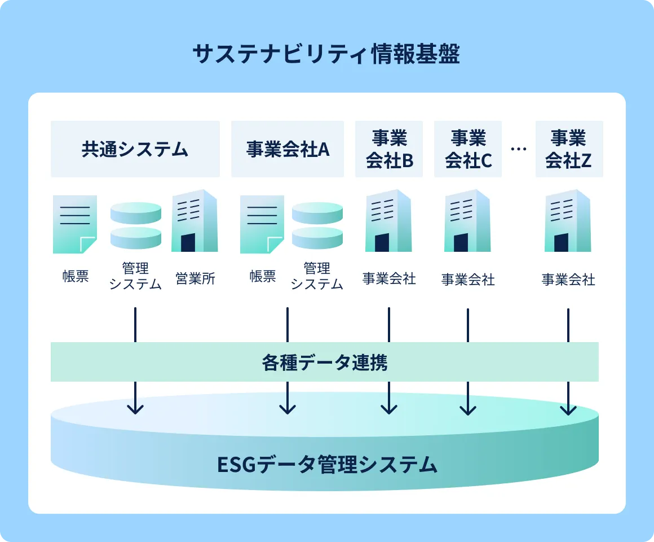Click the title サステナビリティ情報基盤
326,54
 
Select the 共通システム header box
135,149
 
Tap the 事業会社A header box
288,149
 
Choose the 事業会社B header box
388,149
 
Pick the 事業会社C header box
467,149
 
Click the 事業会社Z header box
569,149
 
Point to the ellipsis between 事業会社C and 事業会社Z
519,148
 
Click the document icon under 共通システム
75,224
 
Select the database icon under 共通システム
135,225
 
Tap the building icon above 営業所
195,221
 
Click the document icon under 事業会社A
262,224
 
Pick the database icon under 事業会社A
317,225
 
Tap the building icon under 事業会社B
388,221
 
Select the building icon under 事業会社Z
568,221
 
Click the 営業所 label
195,278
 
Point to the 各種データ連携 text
325,362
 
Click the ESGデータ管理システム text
327,464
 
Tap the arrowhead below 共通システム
135,408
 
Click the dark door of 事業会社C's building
461,243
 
